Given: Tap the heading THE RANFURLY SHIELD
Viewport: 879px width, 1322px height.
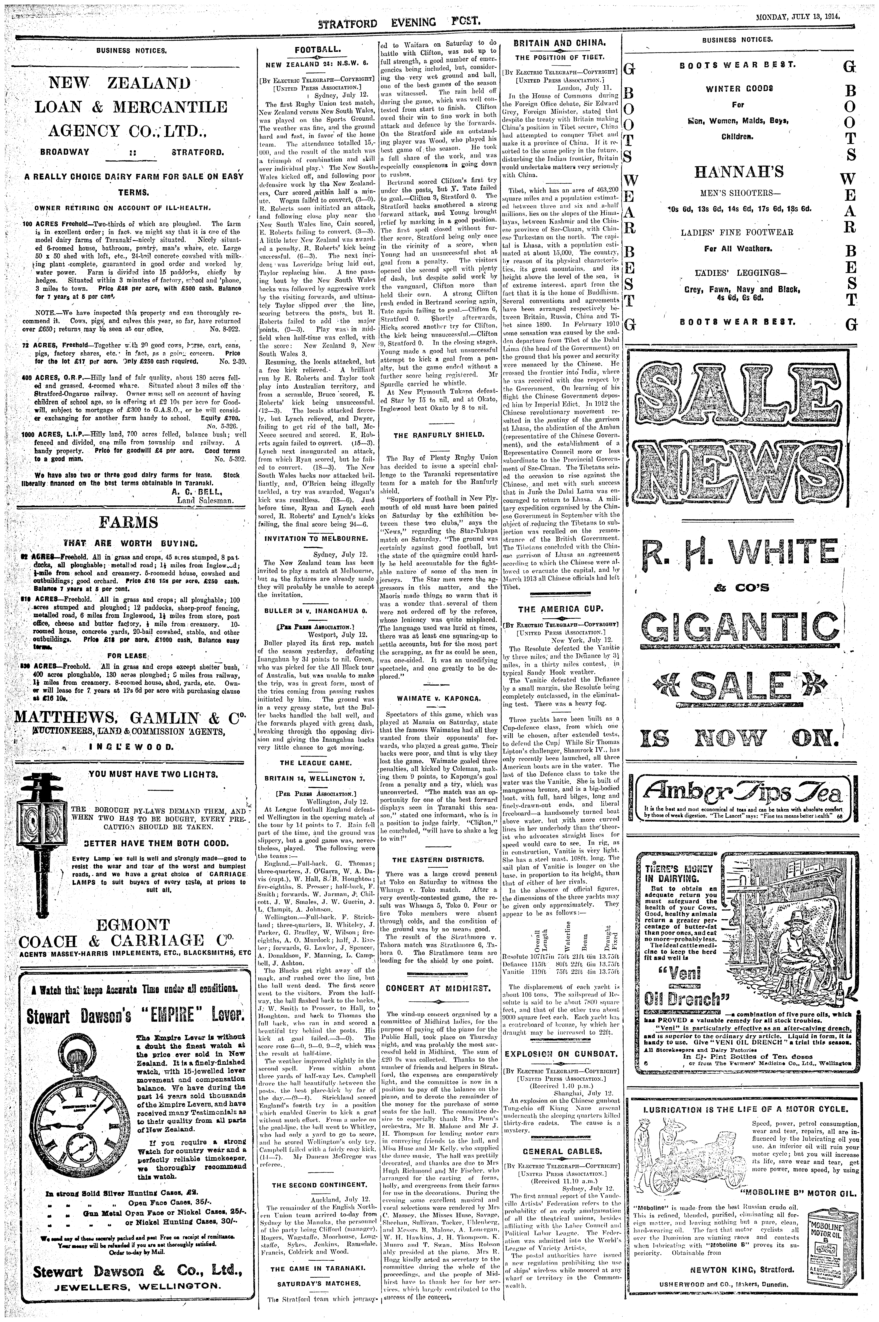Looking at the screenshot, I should click(439, 434).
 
